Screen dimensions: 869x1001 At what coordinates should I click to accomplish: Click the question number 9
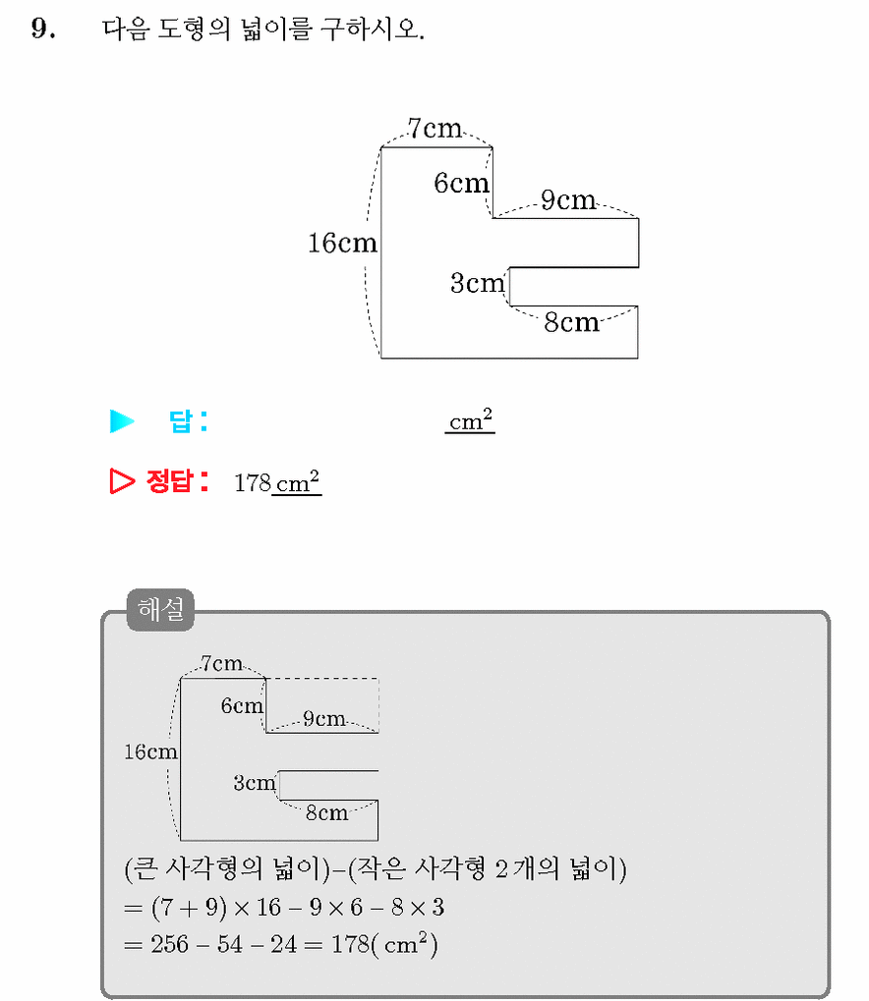(x=42, y=28)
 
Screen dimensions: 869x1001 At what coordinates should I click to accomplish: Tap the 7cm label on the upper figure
(x=434, y=129)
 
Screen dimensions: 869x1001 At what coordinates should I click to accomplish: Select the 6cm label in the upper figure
(x=461, y=184)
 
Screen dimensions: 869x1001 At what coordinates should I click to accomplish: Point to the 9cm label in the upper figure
(x=568, y=199)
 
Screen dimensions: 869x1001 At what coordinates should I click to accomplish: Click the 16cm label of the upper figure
(x=342, y=243)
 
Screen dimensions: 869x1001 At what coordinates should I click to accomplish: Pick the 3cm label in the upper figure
(x=478, y=283)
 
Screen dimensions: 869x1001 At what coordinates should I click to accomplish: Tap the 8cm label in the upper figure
(x=572, y=322)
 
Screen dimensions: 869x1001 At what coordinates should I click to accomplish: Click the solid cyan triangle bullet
(x=122, y=421)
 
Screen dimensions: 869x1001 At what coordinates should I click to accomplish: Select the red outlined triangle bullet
(x=122, y=480)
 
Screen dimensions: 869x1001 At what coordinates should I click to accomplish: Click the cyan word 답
(x=181, y=421)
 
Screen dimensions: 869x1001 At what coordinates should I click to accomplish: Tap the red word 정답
(x=169, y=480)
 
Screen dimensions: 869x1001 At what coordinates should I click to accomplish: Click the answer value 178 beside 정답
(x=253, y=482)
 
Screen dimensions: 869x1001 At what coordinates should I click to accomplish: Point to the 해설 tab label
(x=160, y=610)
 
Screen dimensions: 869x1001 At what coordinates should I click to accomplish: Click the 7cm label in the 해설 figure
(x=222, y=663)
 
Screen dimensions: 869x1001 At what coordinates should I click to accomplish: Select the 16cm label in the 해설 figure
(x=150, y=752)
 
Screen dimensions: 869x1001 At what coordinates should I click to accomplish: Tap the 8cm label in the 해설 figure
(x=326, y=812)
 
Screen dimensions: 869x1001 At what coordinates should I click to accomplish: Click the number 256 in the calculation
(x=169, y=944)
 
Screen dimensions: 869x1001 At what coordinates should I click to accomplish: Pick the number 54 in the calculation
(x=229, y=944)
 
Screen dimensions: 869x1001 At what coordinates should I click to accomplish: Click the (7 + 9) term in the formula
(x=189, y=907)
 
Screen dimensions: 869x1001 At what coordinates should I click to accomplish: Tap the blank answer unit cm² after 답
(x=470, y=420)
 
